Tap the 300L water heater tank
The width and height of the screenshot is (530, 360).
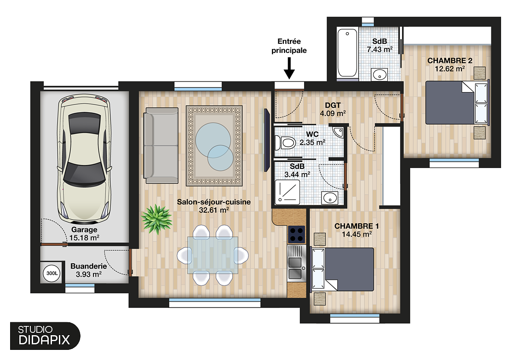point(51,273)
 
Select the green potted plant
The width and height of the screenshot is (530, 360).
point(156,219)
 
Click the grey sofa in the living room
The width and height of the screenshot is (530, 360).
point(161,145)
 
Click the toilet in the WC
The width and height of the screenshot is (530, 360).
point(285,143)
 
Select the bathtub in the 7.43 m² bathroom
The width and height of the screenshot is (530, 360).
point(347,53)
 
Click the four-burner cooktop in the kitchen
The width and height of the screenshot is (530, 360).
point(297,234)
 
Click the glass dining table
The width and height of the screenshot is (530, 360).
point(213,254)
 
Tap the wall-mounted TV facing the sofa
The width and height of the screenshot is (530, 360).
point(266,140)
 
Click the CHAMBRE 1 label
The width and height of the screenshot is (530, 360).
point(357,226)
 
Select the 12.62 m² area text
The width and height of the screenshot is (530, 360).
point(449,69)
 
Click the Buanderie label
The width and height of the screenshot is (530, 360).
point(88,266)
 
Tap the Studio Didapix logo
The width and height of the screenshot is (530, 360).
point(44,335)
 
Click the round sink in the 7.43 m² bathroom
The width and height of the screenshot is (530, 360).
point(380,75)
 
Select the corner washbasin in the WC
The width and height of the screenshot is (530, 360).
point(339,131)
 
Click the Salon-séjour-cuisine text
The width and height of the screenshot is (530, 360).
point(214,202)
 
